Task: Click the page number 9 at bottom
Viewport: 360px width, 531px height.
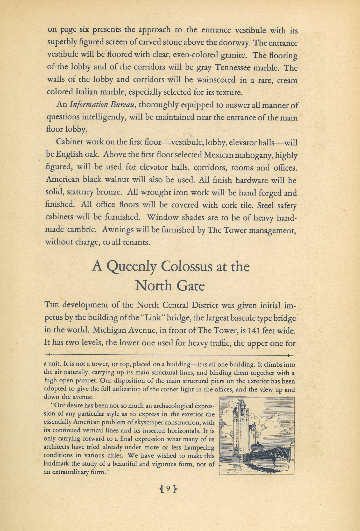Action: [168, 489]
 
